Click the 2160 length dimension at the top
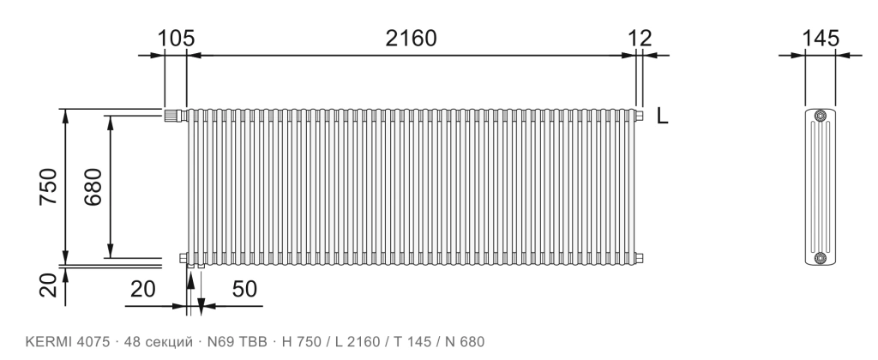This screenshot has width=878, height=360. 411,38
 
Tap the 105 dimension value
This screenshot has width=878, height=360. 176,38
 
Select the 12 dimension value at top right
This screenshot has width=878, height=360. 640,38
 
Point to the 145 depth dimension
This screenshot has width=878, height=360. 821,38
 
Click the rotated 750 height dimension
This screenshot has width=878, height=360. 49,187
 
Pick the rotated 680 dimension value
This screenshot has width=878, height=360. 93,187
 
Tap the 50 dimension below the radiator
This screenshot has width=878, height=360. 244,289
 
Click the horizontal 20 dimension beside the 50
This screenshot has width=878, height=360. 143,289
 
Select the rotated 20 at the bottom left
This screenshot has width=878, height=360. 49,285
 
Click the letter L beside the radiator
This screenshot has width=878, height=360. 663,116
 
